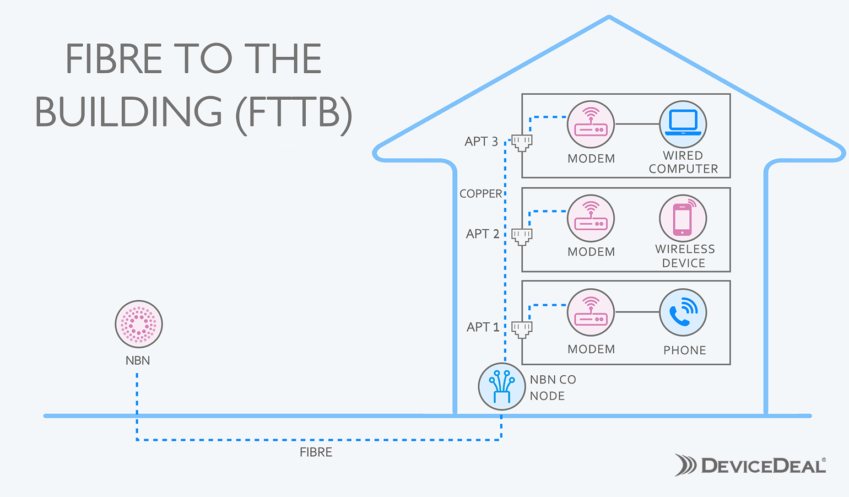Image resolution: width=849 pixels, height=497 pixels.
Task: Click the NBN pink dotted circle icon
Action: (138, 324)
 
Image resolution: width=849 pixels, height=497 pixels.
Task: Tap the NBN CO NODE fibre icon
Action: (501, 386)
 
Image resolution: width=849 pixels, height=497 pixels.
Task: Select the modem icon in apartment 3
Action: (591, 125)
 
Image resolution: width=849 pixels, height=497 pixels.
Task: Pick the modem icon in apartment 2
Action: (591, 218)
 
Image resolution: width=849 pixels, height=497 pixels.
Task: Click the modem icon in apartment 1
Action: (591, 312)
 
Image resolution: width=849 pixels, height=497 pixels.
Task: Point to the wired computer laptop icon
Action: (683, 124)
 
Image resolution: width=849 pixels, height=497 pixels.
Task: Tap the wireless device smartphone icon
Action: (683, 218)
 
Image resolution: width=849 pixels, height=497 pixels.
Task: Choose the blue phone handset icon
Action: (683, 312)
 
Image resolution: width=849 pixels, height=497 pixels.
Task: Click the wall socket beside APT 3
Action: (522, 143)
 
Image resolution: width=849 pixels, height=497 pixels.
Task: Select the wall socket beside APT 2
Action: (522, 236)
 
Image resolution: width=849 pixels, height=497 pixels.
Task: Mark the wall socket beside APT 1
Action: (522, 329)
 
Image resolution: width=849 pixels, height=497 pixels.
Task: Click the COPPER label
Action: (480, 194)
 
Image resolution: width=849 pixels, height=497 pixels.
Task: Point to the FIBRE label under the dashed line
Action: (316, 452)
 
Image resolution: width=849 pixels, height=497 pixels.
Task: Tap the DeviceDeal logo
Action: (750, 466)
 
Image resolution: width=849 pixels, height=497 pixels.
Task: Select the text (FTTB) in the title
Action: (294, 114)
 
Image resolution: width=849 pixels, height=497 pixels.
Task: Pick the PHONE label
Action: (684, 350)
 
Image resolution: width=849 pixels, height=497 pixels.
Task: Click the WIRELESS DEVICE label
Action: (684, 256)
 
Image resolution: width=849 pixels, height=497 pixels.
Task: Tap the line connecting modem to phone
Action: (637, 312)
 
